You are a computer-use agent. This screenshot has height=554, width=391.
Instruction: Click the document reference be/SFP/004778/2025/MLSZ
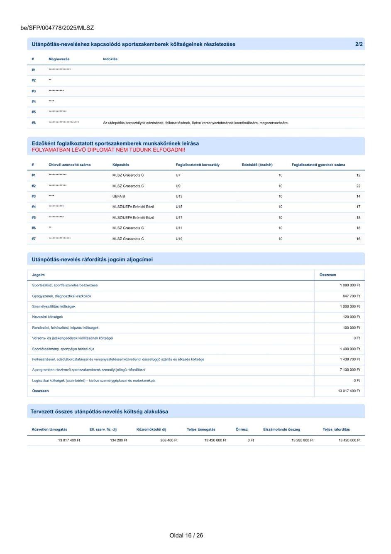click(x=57, y=28)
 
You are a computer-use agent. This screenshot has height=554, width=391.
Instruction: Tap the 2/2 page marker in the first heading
click(x=359, y=44)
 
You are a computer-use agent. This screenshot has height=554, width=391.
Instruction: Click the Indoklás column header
click(x=110, y=59)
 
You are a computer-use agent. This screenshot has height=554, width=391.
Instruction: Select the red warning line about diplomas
click(x=108, y=150)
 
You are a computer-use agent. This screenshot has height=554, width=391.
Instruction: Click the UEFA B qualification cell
click(x=118, y=196)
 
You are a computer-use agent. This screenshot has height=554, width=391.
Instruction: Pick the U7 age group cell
click(x=178, y=175)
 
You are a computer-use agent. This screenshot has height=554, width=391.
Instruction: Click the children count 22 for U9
click(x=358, y=186)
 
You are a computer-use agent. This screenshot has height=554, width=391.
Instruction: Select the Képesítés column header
click(x=120, y=165)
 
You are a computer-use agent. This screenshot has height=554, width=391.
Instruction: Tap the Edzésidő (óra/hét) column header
click(x=257, y=165)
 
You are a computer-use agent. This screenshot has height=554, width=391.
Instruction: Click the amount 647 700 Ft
click(x=351, y=296)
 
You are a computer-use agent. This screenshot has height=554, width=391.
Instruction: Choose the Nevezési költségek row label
click(x=47, y=317)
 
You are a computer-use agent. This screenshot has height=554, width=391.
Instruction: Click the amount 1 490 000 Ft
click(x=350, y=349)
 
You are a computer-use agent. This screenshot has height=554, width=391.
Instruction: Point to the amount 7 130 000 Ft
click(x=350, y=369)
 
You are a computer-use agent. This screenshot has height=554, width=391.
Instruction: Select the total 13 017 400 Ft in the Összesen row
click(x=349, y=391)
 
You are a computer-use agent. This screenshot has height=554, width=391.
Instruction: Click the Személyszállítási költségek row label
click(x=54, y=306)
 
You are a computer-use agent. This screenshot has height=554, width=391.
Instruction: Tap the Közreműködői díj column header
click(x=151, y=429)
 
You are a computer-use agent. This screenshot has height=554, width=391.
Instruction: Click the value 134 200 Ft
click(x=118, y=440)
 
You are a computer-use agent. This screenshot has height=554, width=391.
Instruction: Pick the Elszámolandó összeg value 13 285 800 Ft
click(x=302, y=440)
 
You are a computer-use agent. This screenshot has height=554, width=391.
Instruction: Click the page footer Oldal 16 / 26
click(x=186, y=535)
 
